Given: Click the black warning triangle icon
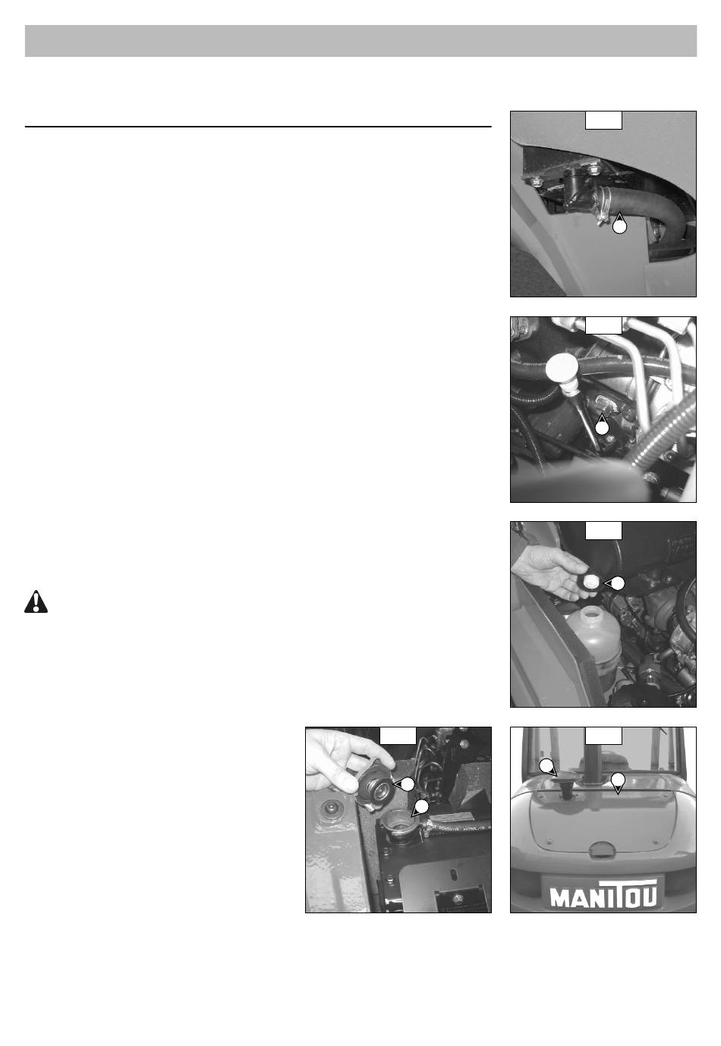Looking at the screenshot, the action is pyautogui.click(x=36, y=602).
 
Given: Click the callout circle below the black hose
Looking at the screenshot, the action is pyautogui.click(x=619, y=227).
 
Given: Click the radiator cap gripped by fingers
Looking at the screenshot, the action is pyautogui.click(x=374, y=788).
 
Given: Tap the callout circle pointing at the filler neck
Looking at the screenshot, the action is pyautogui.click(x=421, y=806).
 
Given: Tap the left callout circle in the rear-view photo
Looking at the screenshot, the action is pyautogui.click(x=546, y=766).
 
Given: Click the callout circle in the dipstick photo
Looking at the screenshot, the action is pyautogui.click(x=603, y=427).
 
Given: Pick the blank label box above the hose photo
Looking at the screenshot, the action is pyautogui.click(x=603, y=120).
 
